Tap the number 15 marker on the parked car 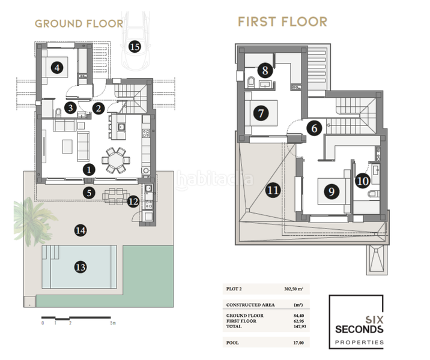point(135,46)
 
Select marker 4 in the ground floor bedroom point(57,68)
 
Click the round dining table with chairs point(114,160)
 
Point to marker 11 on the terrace point(273,191)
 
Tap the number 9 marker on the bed point(330,191)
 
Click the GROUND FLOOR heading point(79,24)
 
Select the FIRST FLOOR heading point(282,22)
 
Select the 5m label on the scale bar point(113,323)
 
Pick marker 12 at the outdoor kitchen point(133,202)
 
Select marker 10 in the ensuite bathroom point(362,180)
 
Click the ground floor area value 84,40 point(296,315)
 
